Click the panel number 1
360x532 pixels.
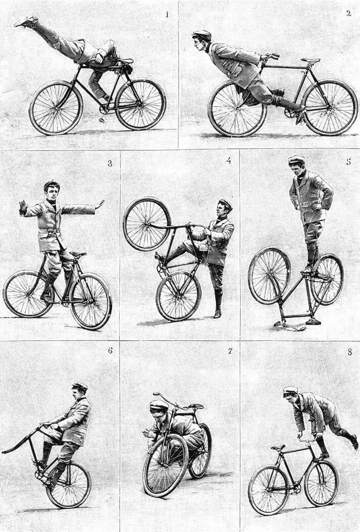point(166,14)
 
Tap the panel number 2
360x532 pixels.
point(348,13)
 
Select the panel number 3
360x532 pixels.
point(110,163)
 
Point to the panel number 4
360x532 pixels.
point(229,160)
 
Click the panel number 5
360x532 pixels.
point(348,161)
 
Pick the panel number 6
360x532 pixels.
point(110,350)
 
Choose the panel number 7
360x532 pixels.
point(230,351)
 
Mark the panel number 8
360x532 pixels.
point(350,352)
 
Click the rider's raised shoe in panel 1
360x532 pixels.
point(26,22)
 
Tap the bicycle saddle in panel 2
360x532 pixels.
point(310,60)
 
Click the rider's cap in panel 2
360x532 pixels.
point(202,34)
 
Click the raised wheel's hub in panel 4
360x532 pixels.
point(147,224)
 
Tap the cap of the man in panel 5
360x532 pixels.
point(297,159)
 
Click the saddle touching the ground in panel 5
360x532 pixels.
point(289,326)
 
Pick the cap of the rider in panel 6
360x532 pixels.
point(80,387)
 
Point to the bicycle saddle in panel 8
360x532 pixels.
point(278,448)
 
